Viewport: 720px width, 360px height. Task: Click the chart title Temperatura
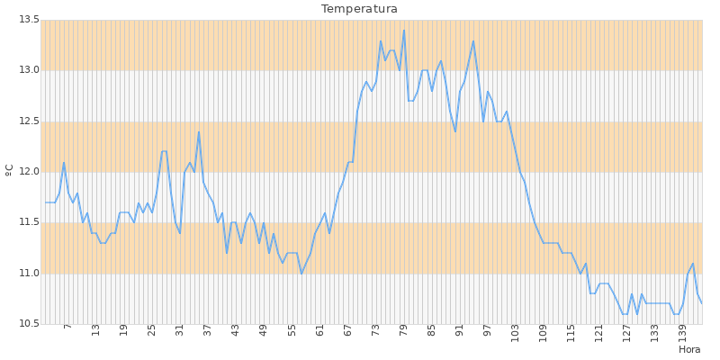(x=359, y=9)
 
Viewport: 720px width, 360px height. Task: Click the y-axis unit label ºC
(x=10, y=169)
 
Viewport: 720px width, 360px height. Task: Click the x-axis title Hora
(x=689, y=349)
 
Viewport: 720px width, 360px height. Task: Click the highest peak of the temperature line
(x=403, y=31)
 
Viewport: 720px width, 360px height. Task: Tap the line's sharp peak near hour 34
(x=199, y=132)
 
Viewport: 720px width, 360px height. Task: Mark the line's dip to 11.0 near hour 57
(x=301, y=273)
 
